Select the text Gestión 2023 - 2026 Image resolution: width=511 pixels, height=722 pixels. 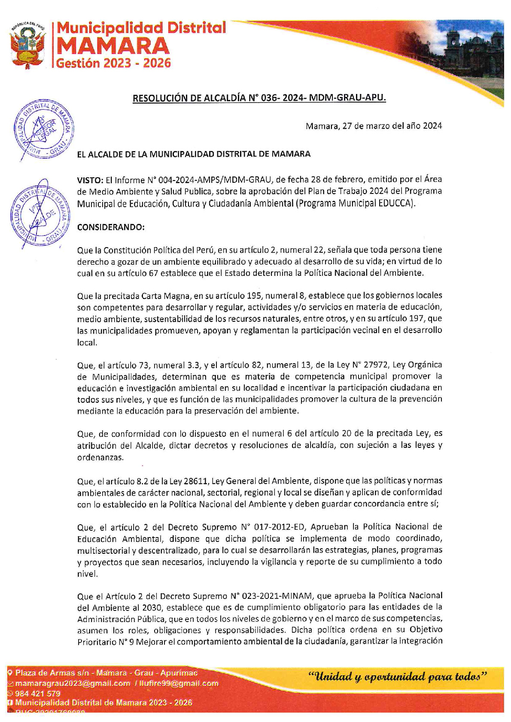click(114, 63)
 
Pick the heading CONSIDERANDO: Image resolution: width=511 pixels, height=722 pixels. click(111, 227)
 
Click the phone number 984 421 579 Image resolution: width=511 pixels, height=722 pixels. click(38, 694)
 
